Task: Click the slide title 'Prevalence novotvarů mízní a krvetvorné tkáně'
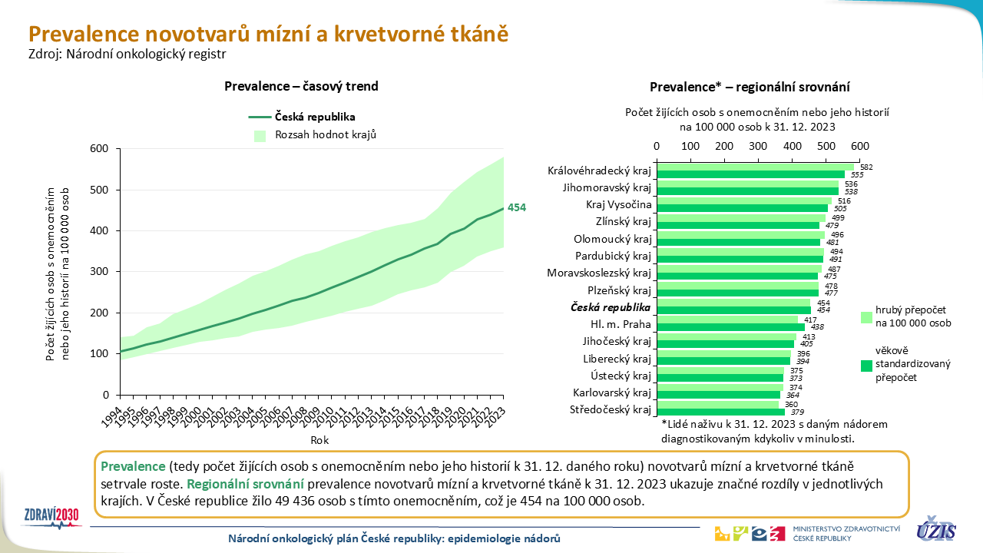268,34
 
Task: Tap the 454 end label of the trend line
517,207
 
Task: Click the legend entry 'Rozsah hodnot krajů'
326,134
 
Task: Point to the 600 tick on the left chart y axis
100,149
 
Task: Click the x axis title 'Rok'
319,440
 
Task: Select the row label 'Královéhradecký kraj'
599,171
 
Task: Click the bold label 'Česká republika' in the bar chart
611,307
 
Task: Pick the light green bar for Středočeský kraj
718,405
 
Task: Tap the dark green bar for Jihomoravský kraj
747,191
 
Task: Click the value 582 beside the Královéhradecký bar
866,167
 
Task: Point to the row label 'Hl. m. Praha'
625,324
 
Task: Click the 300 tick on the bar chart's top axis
758,146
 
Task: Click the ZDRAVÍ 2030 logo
53,515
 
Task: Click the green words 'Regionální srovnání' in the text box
245,484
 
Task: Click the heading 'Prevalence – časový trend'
301,86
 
